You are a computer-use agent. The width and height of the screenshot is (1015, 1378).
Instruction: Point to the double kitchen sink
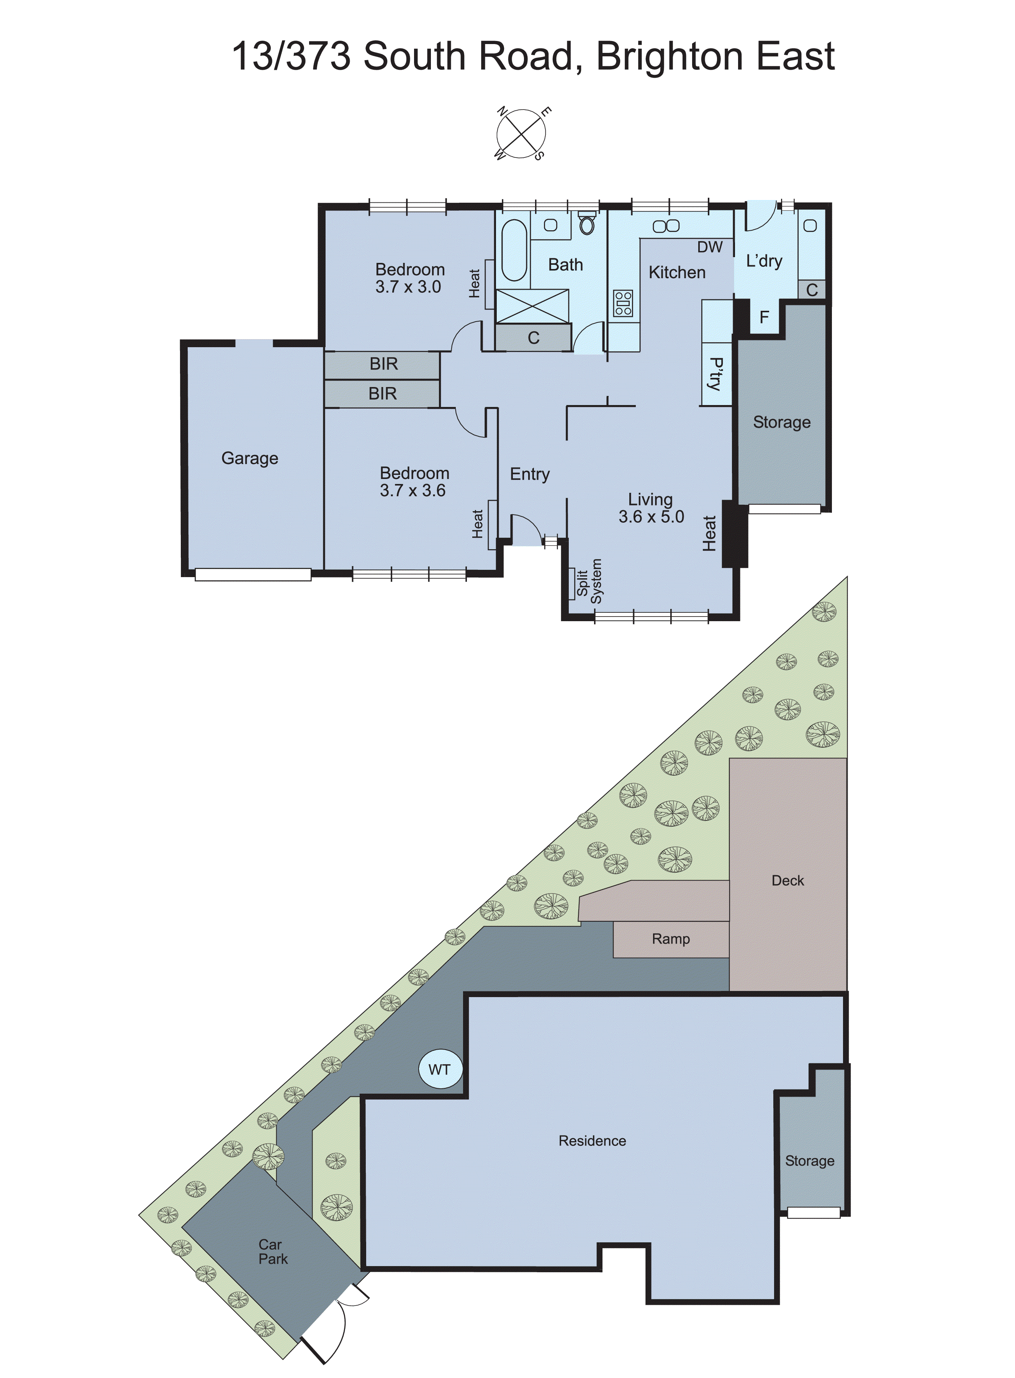click(666, 226)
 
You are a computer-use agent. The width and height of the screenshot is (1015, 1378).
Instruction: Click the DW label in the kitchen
click(710, 247)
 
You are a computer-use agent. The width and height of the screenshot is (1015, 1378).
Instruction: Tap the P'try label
click(716, 373)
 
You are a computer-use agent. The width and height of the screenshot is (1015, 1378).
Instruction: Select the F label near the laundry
click(765, 317)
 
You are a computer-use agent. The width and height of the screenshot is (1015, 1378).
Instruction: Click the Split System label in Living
click(589, 581)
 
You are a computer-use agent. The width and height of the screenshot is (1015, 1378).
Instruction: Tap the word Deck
click(787, 880)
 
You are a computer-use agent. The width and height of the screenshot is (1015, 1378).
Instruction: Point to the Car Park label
click(272, 1252)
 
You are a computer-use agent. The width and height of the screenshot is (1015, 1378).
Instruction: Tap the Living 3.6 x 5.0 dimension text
click(651, 516)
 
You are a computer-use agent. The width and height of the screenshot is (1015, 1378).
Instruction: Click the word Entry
click(530, 474)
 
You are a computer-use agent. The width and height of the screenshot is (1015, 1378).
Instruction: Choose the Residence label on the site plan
click(592, 1141)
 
